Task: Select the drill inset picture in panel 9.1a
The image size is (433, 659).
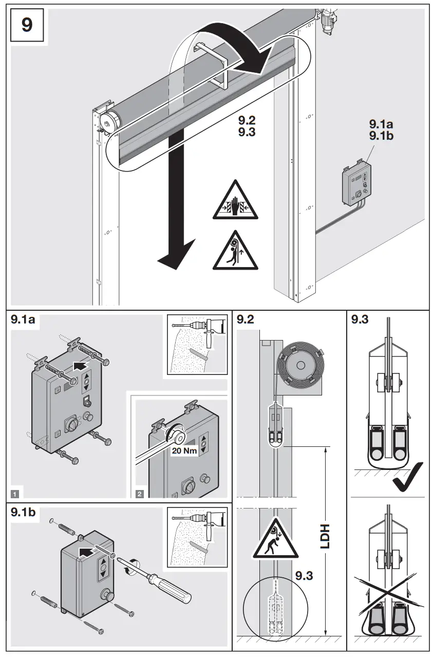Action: coord(197,345)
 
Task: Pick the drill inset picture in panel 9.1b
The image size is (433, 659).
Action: coord(197,537)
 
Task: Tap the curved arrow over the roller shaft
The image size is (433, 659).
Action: coord(226,49)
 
